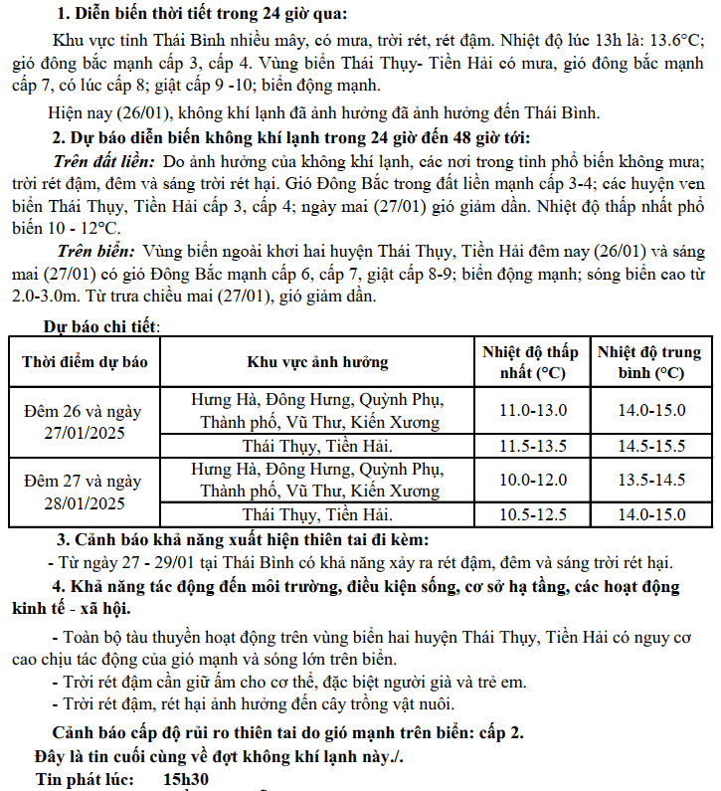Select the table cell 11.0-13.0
(x=532, y=410)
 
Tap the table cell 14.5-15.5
(x=651, y=446)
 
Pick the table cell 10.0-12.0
(x=532, y=480)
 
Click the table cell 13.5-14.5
(x=651, y=480)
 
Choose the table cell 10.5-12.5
(x=532, y=514)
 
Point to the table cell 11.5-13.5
(x=532, y=446)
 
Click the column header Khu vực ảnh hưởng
(x=317, y=362)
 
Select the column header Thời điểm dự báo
(x=85, y=362)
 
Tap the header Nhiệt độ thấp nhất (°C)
(x=532, y=362)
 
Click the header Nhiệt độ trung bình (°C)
(x=651, y=362)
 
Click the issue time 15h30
(x=186, y=780)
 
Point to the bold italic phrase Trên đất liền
(x=103, y=161)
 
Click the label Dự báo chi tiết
(x=100, y=325)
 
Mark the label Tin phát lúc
(x=85, y=780)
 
